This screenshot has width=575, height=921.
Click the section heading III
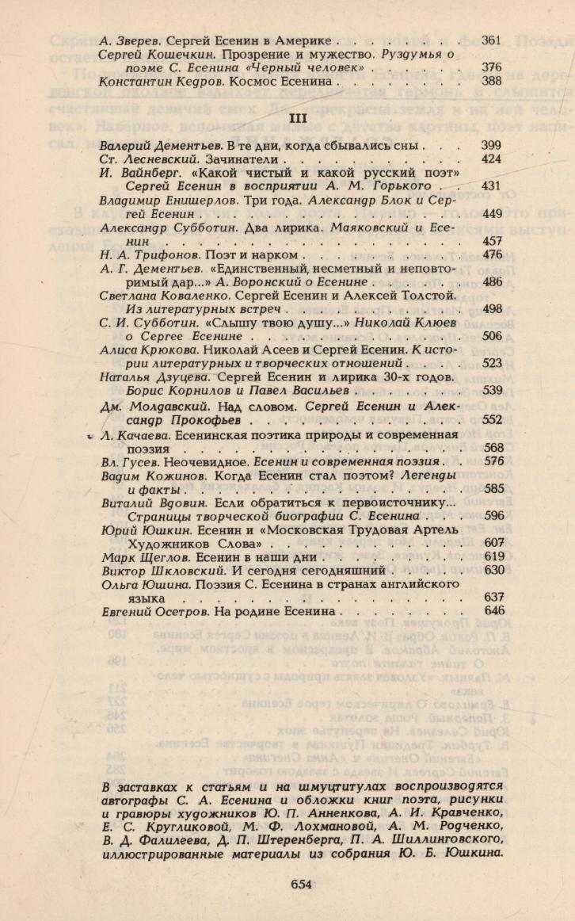297,117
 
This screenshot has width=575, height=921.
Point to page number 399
492,145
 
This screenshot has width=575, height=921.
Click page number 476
492,254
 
